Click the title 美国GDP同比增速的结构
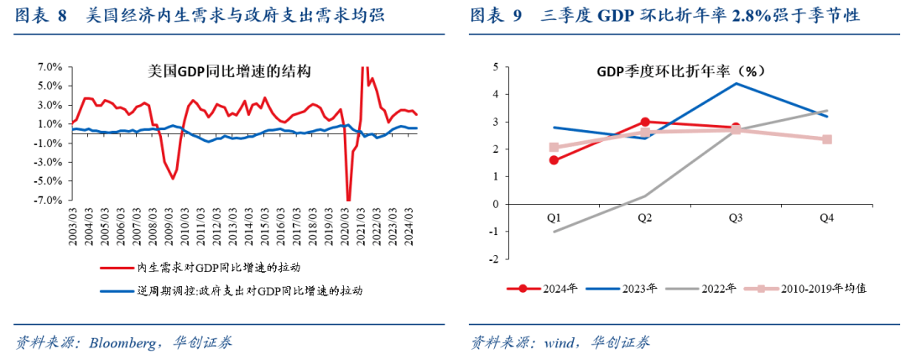(217, 73)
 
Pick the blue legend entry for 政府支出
(249, 290)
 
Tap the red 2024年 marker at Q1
(554, 159)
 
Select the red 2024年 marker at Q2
(644, 122)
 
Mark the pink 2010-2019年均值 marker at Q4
(826, 139)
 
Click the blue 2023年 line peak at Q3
(736, 83)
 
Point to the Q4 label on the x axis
(826, 217)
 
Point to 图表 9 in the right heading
(496, 15)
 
